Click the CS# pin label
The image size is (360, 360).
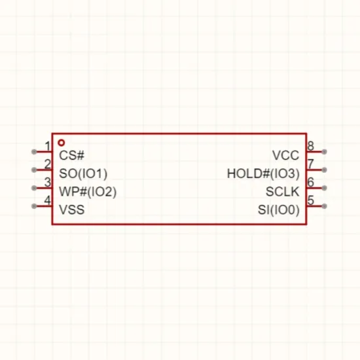[71, 155]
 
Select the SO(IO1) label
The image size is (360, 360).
[83, 173]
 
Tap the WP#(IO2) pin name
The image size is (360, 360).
[88, 192]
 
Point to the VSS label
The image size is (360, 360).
[71, 209]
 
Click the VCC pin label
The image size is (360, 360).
[286, 155]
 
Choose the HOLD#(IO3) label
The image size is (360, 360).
[263, 173]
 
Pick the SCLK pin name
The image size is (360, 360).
[283, 192]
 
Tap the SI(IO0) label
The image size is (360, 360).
[279, 210]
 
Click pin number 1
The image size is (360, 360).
[48, 146]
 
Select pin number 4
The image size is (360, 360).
[47, 200]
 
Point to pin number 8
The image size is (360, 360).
[310, 146]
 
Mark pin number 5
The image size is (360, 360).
[310, 200]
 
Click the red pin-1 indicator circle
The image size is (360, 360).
[61, 143]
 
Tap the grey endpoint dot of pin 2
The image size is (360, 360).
[34, 170]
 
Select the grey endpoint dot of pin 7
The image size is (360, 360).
[324, 170]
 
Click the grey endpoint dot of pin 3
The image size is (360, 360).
[34, 188]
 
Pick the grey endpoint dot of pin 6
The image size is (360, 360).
[324, 188]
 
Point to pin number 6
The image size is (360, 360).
[310, 182]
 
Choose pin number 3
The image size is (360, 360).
[48, 182]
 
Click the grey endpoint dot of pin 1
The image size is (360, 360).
[34, 152]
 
